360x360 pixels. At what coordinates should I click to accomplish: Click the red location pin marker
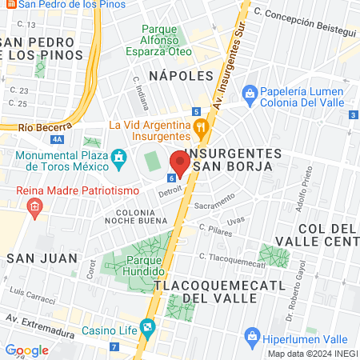coord(179,162)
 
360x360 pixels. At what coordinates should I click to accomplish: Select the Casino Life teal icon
coord(147,326)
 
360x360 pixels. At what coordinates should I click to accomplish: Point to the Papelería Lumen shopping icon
coord(250,94)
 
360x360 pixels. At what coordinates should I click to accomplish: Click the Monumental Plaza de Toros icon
coord(119,155)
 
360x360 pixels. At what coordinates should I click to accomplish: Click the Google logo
coord(26,350)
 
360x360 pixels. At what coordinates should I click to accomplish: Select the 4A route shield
coord(57,138)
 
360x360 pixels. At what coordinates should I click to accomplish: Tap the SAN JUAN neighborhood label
coord(42,258)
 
